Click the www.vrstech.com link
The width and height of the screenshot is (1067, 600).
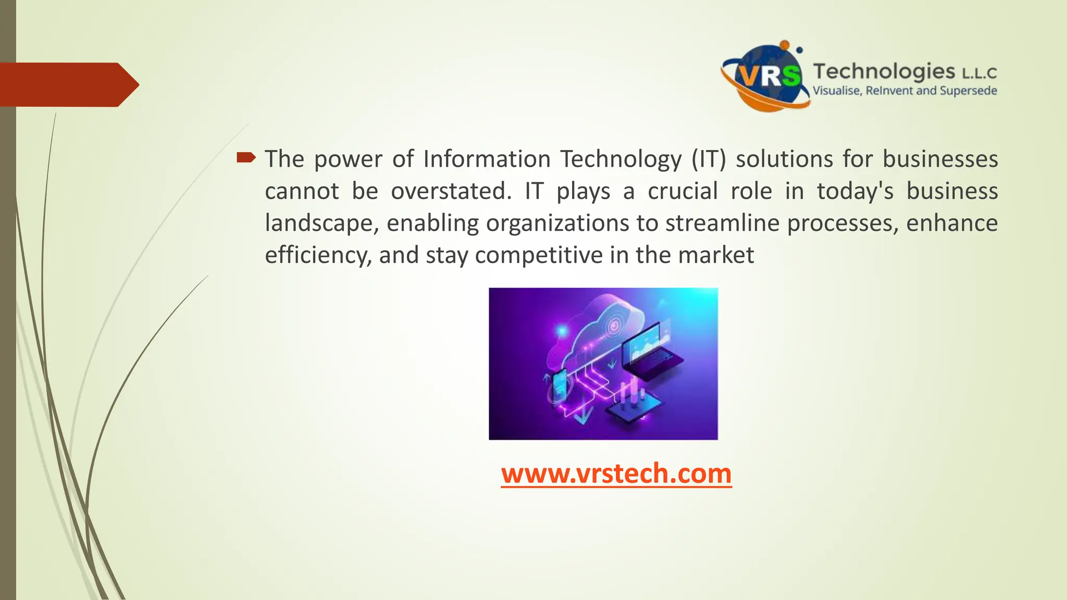[x=616, y=474]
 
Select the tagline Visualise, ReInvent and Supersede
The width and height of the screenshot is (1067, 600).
[x=904, y=91]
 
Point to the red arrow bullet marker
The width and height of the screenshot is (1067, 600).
[x=246, y=157]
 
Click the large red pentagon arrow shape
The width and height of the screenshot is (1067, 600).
[x=68, y=84]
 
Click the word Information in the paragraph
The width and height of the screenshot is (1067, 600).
[x=487, y=159]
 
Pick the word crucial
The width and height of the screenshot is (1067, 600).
[x=683, y=191]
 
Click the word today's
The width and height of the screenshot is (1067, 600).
[x=855, y=191]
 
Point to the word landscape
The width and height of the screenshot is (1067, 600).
[x=321, y=223]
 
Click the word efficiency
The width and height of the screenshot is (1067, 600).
[x=318, y=256]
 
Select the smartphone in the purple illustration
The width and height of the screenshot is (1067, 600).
[x=560, y=387]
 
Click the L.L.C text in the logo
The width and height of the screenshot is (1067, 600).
[x=979, y=73]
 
